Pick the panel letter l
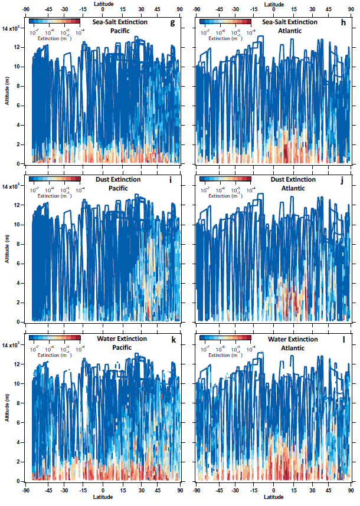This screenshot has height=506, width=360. point(346,339)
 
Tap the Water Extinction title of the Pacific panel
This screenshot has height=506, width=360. point(122,339)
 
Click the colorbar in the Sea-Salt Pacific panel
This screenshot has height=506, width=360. point(54,21)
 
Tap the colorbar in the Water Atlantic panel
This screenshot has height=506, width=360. point(225,339)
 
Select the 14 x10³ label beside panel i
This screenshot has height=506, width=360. point(11,186)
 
